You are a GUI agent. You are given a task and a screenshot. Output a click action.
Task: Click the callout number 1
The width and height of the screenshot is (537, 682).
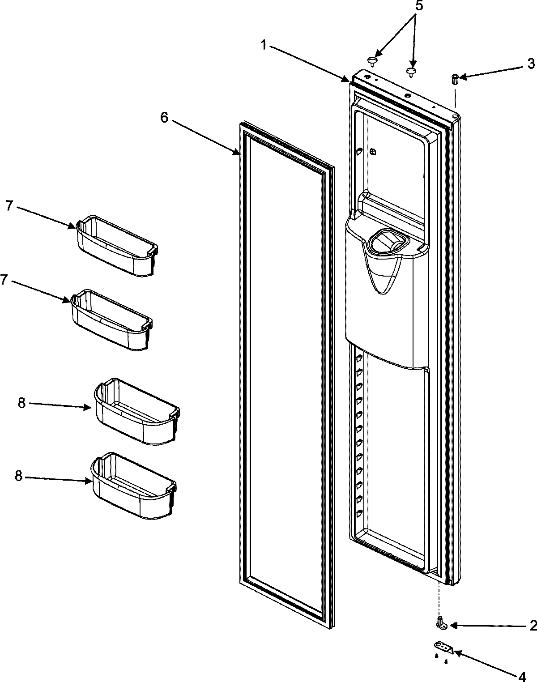264,45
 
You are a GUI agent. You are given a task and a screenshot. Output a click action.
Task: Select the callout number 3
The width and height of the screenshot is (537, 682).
531,64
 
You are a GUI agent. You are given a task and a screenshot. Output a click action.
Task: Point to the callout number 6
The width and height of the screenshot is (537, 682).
164,106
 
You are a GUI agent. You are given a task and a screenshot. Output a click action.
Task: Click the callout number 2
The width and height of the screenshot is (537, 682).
533,625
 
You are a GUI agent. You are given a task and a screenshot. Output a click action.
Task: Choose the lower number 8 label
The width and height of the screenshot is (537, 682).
19,476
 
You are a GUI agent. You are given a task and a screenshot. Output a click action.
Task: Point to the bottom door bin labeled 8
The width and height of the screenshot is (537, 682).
133,485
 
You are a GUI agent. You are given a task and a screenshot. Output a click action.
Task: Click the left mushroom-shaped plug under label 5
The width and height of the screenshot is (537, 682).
372,60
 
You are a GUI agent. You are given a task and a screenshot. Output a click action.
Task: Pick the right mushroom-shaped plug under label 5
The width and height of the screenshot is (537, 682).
411,72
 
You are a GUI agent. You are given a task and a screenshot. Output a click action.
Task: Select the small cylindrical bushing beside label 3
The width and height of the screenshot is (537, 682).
455,80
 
